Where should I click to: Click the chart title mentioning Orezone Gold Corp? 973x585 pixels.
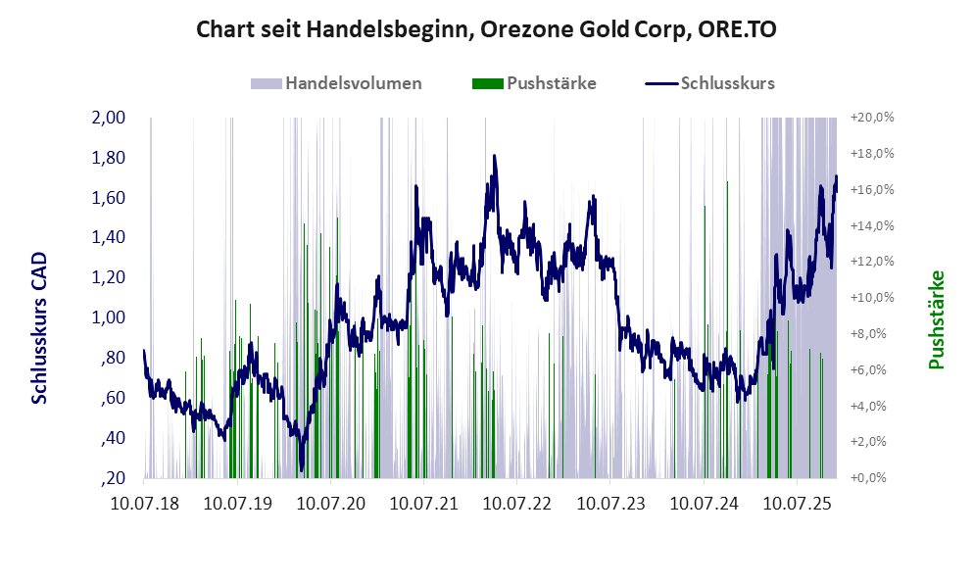[x=487, y=29]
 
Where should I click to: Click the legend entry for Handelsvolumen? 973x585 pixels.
[x=354, y=83]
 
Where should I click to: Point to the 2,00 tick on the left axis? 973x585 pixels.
[x=109, y=118]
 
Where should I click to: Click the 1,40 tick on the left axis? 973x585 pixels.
[x=109, y=237]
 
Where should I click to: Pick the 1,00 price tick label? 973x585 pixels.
[x=109, y=317]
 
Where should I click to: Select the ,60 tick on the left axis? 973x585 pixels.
[x=113, y=398]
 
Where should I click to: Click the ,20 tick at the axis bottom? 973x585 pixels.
[x=113, y=478]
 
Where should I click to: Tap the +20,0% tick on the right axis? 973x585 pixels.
[x=872, y=118]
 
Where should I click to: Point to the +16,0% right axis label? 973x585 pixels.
[x=872, y=189]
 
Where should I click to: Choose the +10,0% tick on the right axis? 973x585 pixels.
[x=872, y=298]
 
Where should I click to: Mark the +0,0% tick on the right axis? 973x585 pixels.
[x=872, y=478]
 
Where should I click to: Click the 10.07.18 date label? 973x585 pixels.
[x=144, y=504]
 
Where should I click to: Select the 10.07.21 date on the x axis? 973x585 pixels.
[x=423, y=504]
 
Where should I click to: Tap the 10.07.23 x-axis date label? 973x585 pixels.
[x=610, y=504]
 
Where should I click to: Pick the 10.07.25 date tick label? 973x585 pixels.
[x=798, y=504]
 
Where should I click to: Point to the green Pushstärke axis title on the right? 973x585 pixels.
[x=936, y=320]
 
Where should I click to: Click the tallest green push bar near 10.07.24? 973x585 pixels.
[x=727, y=294]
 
